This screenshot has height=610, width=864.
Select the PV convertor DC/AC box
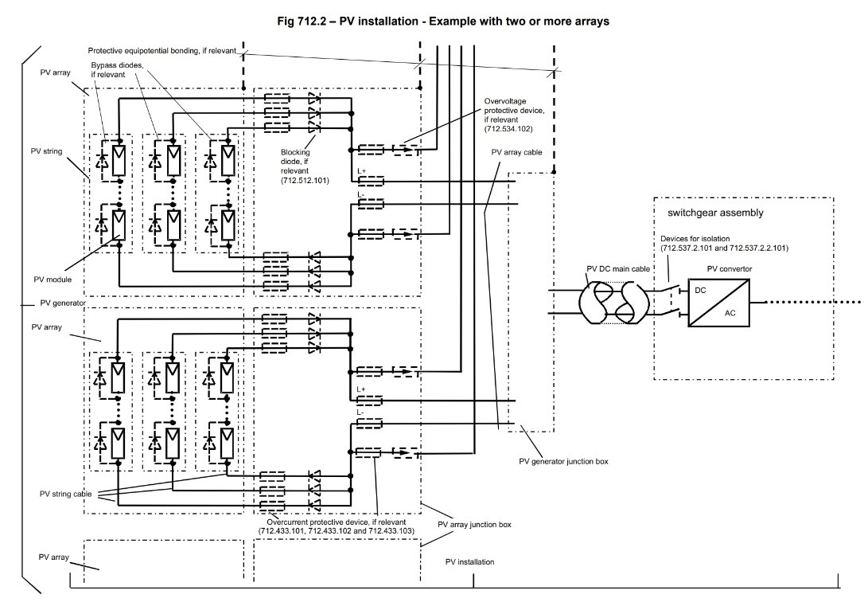718,303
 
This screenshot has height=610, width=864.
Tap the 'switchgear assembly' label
715,213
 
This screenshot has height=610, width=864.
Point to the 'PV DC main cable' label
618,269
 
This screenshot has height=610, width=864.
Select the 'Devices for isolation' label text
695,239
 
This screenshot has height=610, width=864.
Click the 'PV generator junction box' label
564,461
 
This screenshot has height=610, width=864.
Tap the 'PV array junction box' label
474,525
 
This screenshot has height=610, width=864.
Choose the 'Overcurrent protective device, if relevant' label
336,522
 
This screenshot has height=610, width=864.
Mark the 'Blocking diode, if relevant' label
304,166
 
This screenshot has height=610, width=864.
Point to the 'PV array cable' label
516,152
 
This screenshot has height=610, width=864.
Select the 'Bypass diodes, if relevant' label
117,69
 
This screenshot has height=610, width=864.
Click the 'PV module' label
53,280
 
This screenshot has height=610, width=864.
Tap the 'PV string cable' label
65,494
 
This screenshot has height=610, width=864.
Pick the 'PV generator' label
63,303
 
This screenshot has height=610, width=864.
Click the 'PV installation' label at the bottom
469,562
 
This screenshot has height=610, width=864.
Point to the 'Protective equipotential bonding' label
162,51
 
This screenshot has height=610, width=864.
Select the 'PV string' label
46,151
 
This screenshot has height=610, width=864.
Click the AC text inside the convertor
730,313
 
